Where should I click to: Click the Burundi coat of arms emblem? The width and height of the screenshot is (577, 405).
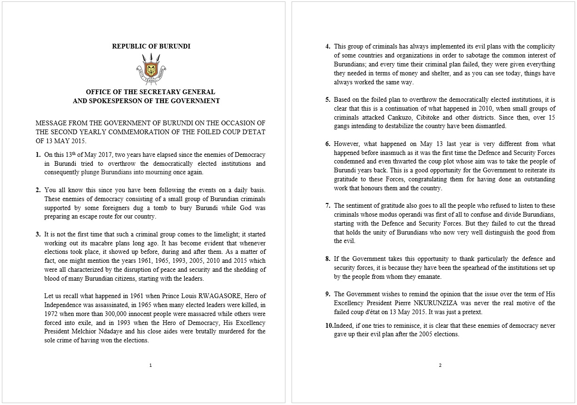point(151,68)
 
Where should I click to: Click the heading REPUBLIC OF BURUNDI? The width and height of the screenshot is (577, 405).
point(151,46)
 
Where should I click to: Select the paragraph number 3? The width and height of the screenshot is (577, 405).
point(38,234)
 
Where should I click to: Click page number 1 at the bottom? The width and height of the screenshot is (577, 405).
point(150,365)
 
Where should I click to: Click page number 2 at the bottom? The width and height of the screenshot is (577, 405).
point(440,365)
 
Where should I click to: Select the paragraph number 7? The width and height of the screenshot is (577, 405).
point(328,205)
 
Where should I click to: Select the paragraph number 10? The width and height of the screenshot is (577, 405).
point(329,326)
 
